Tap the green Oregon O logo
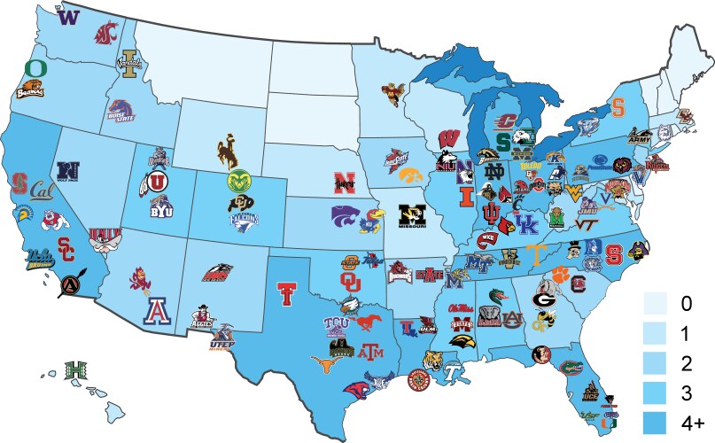point(35,68)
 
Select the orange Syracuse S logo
point(618,108)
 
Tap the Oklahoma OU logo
point(351,282)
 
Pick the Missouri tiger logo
point(408,214)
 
